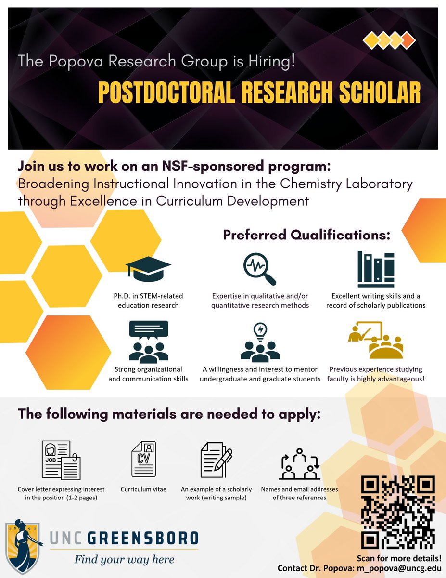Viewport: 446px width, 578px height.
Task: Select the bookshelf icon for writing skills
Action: (x=376, y=268)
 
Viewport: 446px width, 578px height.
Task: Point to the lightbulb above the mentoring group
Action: (x=261, y=330)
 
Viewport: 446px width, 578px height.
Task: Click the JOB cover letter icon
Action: (x=61, y=460)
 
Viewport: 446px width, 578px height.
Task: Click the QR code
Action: (x=398, y=511)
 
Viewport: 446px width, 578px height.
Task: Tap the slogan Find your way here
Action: (x=124, y=559)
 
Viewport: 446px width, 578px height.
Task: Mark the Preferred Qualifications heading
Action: (x=306, y=235)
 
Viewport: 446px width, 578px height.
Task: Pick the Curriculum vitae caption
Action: (x=144, y=489)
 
